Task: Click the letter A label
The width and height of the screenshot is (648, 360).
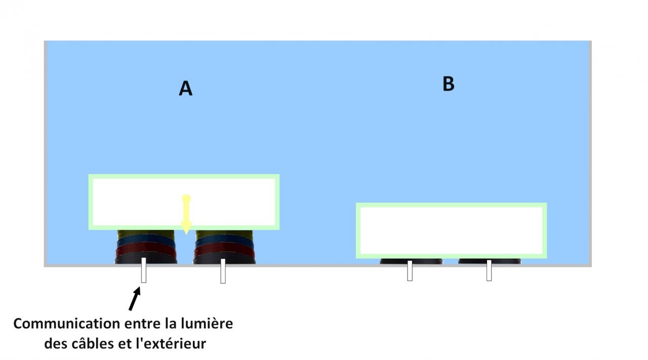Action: (x=186, y=89)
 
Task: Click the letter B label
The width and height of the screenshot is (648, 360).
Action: (x=448, y=84)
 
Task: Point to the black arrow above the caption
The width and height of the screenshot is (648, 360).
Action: (x=134, y=299)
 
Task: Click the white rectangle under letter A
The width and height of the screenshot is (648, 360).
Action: (x=184, y=202)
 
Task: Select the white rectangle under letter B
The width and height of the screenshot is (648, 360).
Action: (x=451, y=230)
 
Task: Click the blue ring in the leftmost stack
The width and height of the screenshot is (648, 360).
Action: (x=146, y=241)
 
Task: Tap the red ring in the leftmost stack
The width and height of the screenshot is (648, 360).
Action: (x=146, y=250)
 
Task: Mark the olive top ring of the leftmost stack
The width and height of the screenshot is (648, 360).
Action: (x=146, y=233)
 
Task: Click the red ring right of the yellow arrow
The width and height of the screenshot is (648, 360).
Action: (x=224, y=250)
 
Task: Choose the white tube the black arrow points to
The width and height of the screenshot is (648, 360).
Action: (x=144, y=270)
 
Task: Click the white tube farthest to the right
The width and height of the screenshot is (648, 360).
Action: (x=489, y=270)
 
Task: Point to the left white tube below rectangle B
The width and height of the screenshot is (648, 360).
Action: (x=410, y=270)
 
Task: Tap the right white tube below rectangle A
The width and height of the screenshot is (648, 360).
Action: (x=223, y=271)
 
